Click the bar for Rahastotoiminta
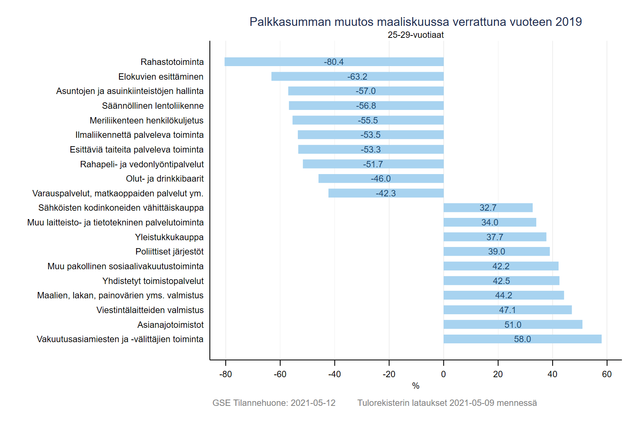tap(279, 62)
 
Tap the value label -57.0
tap(365, 91)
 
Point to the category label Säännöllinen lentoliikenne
tap(152, 106)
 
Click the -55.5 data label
tap(367, 120)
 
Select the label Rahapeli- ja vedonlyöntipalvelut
tap(142, 164)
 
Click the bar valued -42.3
tap(358, 193)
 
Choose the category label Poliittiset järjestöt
tap(169, 252)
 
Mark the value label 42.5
tap(501, 281)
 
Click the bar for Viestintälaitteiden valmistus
tap(478, 310)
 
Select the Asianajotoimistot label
tap(170, 325)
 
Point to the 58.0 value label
tap(522, 339)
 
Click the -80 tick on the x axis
tap(226, 374)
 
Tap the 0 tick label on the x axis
tap(444, 374)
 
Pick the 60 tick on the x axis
tap(607, 374)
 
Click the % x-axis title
tap(416, 386)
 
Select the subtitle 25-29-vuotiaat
tap(416, 35)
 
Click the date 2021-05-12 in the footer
tap(313, 403)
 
